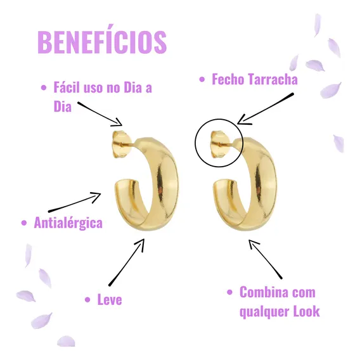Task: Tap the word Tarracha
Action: (273, 79)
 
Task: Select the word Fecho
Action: (228, 79)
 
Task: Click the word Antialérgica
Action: (68, 223)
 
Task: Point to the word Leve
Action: (110, 299)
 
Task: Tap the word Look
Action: (307, 311)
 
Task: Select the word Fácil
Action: (67, 87)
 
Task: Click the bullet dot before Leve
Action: (87, 299)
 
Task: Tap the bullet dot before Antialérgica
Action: (24, 222)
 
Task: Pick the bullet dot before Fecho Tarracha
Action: (202, 79)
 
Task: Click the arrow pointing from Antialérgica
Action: (75, 202)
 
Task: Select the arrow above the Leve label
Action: (127, 262)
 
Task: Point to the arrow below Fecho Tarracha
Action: (266, 108)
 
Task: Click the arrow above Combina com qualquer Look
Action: (266, 259)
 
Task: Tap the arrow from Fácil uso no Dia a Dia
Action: (100, 114)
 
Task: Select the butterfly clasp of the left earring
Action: (121, 144)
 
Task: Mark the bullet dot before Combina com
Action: (229, 292)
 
